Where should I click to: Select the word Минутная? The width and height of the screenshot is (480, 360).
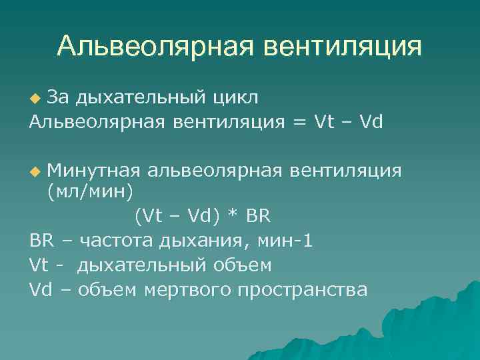point(93,171)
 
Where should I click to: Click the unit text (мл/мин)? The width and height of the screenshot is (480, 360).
point(89,192)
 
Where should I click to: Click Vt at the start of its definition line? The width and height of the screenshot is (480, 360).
point(39,265)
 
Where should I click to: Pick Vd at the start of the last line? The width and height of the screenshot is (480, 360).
point(40,290)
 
